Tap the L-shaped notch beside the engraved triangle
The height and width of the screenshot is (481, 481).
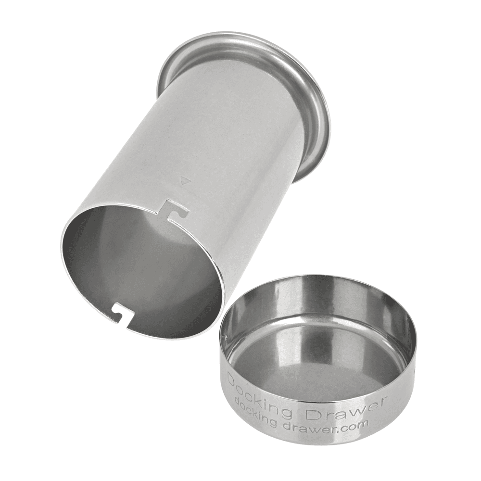click(x=173, y=208)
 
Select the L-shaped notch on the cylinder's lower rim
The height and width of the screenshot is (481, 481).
click(x=118, y=313)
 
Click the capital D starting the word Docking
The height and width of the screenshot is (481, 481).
click(x=232, y=379)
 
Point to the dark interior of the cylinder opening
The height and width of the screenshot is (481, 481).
click(x=139, y=269)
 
